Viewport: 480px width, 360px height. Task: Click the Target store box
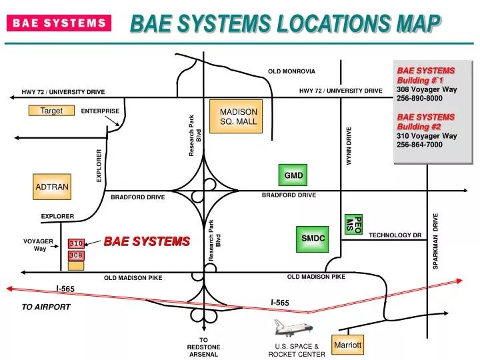pos(51,111)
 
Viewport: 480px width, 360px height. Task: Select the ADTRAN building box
pos(51,187)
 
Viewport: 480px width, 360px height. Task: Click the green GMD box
pos(293,175)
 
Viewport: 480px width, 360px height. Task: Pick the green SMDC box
pos(313,238)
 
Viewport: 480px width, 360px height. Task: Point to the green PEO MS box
pos(353,224)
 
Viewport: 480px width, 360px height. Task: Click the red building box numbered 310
pos(76,244)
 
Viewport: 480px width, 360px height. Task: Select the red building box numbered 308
pos(76,255)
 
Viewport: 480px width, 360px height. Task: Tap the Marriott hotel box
pos(348,345)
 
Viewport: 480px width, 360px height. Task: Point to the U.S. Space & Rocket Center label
pos(297,350)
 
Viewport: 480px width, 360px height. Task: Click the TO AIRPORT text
pos(46,307)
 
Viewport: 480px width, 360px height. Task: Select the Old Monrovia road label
pos(291,71)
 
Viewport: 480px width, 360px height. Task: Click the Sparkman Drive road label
pos(436,241)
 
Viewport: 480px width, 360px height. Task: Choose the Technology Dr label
pos(395,235)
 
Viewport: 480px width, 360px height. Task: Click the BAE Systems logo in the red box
pos(59,23)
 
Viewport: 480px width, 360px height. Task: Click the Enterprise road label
pos(100,111)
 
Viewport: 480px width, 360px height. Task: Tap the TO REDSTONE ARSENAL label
pos(203,347)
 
